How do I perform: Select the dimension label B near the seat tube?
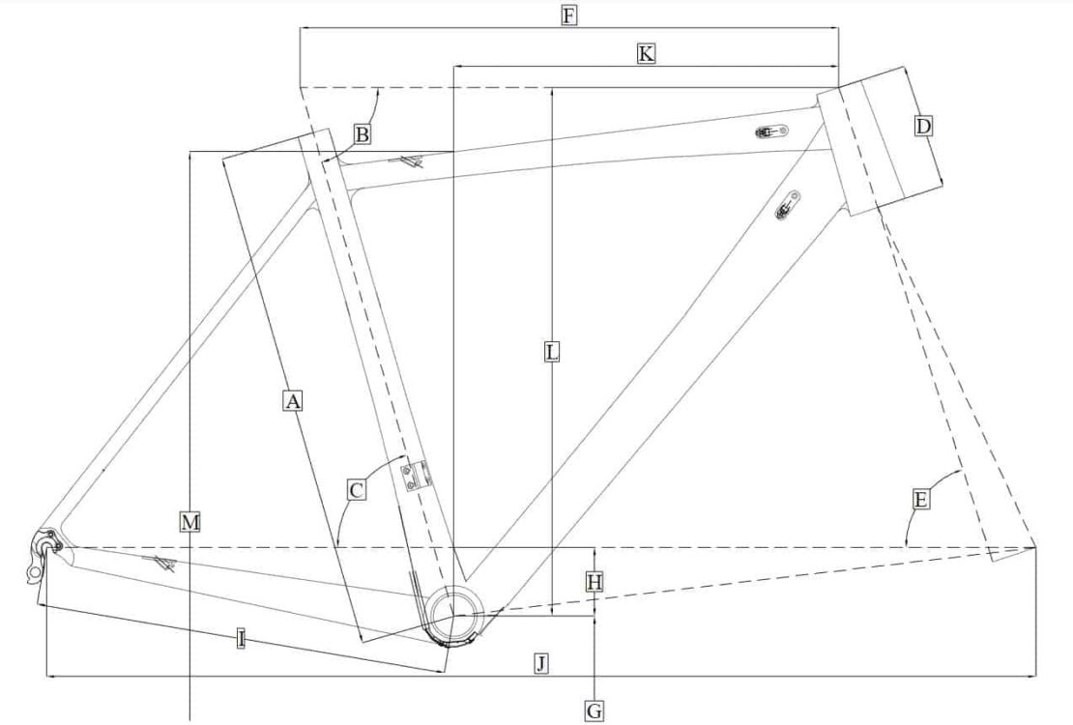pos(361,134)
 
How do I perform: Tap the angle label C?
pos(357,491)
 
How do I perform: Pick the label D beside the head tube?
pos(923,127)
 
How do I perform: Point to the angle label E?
pos(920,500)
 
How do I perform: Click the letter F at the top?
pos(568,15)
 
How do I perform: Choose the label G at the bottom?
pos(594,711)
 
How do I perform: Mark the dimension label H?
pos(594,582)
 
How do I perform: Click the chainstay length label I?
pos(240,638)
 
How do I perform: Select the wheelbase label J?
pos(541,663)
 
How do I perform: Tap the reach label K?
pos(646,54)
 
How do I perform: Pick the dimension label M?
pos(190,523)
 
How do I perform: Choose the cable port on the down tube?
pos(789,206)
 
